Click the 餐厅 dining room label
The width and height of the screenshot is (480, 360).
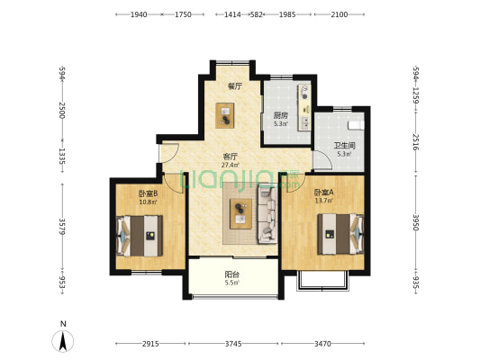tap(235, 86)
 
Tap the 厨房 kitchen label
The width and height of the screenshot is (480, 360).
tap(281, 115)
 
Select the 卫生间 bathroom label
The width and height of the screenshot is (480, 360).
tap(344, 146)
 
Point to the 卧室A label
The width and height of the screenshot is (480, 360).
tap(324, 193)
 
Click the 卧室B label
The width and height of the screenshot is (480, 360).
tap(149, 193)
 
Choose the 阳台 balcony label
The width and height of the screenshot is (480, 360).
tap(232, 274)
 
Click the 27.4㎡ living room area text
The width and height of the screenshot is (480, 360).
tap(231, 166)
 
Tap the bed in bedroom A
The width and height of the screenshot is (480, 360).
tap(340, 234)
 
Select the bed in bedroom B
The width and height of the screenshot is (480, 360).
tap(140, 236)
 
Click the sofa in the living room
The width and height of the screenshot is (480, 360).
tap(267, 215)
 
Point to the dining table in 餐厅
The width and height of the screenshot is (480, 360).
tap(225, 115)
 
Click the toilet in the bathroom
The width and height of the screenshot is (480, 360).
tap(356, 125)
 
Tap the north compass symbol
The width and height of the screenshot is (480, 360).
tap(63, 341)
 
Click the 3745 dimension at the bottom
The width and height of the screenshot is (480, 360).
tap(233, 344)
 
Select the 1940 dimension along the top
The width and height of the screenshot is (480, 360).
tap(139, 14)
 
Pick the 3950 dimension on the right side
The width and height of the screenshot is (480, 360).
tap(415, 222)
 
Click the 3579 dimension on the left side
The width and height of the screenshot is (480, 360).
tap(62, 226)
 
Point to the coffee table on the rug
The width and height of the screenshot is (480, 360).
tap(241, 214)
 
